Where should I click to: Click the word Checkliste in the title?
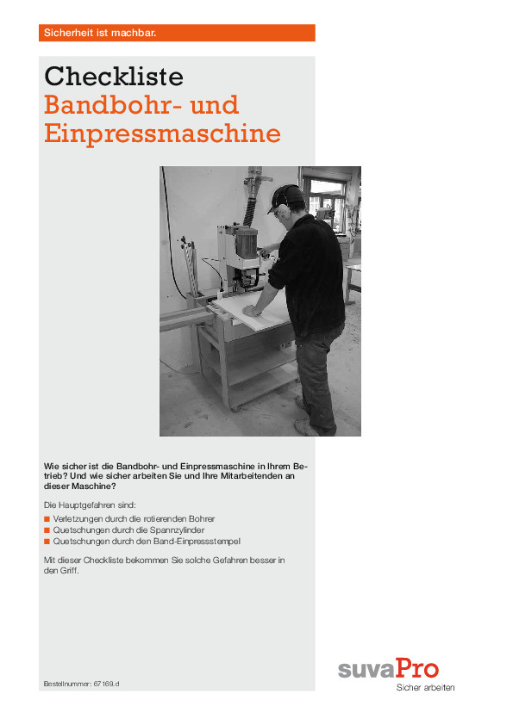114,77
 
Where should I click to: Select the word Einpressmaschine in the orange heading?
162,134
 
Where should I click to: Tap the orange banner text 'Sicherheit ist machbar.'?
99,33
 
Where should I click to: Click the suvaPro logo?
387,668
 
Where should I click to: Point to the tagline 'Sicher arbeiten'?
424,687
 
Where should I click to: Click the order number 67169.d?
105,683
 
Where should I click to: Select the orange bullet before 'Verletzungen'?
47,520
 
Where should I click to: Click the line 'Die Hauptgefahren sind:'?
90,504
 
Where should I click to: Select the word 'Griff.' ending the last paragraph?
66,570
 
